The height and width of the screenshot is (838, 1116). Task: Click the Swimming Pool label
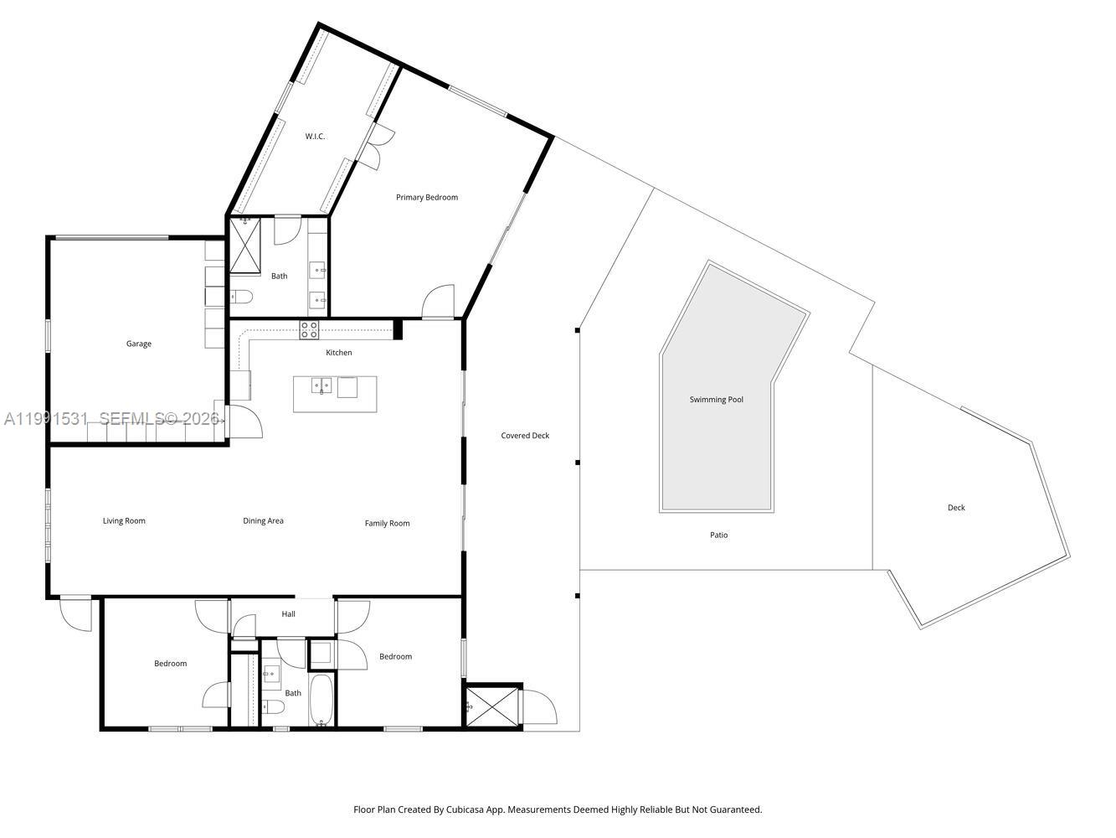tap(716, 400)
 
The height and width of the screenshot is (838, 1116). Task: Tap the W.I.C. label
tap(315, 136)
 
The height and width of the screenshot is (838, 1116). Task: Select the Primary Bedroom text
tap(427, 198)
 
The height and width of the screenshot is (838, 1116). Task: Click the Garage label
tap(139, 344)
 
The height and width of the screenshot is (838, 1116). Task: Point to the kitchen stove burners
tap(309, 329)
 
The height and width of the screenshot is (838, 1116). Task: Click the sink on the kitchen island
tap(321, 385)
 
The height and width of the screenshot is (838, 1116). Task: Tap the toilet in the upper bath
tap(241, 296)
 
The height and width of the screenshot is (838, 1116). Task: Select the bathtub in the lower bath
tap(321, 700)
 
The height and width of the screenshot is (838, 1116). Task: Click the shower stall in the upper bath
tap(245, 245)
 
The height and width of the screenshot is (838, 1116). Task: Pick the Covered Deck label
tap(525, 436)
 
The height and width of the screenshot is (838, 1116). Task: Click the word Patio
tap(718, 535)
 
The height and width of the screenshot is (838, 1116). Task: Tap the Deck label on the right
tap(956, 508)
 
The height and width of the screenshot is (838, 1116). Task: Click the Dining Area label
tap(263, 521)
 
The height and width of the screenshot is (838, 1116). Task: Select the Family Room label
tap(387, 524)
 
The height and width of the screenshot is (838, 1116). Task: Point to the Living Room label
tap(124, 521)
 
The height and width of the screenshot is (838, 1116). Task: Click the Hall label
tap(288, 614)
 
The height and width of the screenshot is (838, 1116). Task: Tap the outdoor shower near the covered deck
tap(491, 706)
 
